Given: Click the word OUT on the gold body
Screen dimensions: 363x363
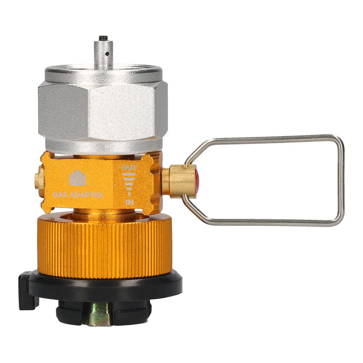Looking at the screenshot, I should (129, 168).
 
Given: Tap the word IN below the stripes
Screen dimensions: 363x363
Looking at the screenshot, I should (129, 203).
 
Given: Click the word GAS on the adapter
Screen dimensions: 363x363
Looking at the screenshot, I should (60, 195).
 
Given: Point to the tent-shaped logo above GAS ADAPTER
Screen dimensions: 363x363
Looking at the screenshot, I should (77, 178).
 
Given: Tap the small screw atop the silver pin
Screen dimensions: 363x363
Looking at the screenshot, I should (104, 37).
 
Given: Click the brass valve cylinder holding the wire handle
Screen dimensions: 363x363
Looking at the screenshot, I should (178, 181).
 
